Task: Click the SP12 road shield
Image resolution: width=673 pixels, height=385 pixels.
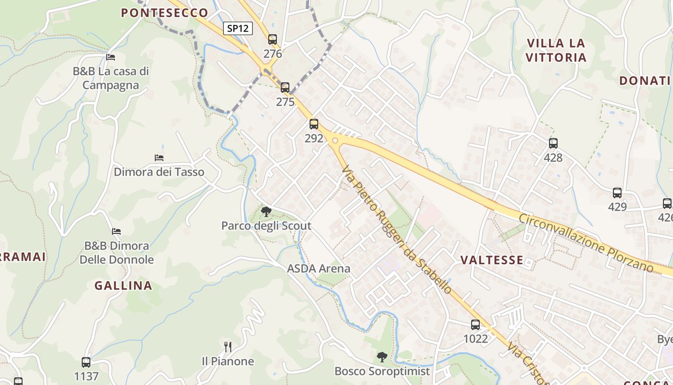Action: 238,28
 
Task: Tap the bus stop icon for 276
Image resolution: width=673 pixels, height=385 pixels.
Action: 273,39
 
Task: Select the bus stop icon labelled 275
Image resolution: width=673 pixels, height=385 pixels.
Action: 285,88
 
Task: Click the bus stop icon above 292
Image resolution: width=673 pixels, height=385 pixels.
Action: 314,124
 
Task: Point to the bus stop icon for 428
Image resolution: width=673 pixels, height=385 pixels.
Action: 553,143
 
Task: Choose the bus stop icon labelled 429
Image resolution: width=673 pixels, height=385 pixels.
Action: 617,193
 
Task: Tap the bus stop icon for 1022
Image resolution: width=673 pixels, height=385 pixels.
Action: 475,325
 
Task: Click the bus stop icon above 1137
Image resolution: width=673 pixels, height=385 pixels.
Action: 86,362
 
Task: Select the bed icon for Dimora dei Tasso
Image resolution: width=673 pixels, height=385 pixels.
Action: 159,158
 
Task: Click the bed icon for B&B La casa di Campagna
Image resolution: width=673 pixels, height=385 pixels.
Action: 111,57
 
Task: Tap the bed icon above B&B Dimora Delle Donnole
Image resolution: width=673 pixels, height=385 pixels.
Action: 116,231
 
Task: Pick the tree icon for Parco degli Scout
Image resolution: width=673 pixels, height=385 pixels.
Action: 266,211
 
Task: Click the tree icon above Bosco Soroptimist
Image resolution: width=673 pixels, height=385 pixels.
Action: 382,357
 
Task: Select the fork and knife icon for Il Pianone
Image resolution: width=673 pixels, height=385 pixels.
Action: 228,346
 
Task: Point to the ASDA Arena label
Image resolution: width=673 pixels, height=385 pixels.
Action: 319,269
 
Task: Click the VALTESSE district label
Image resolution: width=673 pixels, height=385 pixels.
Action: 492,260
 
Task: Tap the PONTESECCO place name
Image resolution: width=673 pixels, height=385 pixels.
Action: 164,13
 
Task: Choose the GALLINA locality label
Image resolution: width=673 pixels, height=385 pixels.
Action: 123,286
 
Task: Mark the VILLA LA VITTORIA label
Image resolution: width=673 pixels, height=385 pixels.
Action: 556,51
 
